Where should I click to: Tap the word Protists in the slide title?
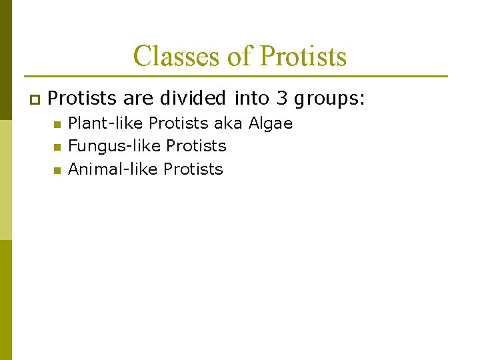(x=303, y=57)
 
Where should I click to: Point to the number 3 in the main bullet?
(x=282, y=99)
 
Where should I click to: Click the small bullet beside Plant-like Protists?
(x=57, y=125)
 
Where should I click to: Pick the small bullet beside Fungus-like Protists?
(x=57, y=147)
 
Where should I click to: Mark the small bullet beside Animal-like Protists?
(x=57, y=171)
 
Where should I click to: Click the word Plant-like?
(x=106, y=123)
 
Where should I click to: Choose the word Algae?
(x=271, y=124)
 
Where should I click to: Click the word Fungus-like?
(x=115, y=146)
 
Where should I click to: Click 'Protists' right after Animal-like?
(x=193, y=169)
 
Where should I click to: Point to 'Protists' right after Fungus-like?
(x=196, y=146)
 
